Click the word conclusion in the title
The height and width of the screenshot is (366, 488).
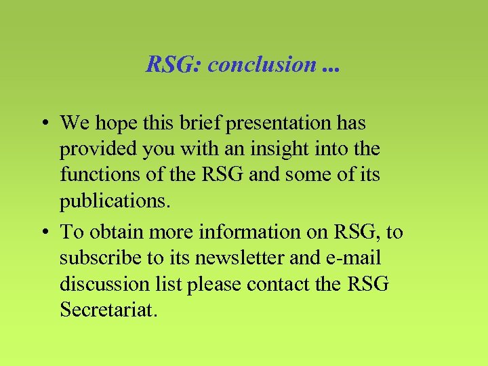coord(262,64)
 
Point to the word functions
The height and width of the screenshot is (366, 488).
coord(94,175)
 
